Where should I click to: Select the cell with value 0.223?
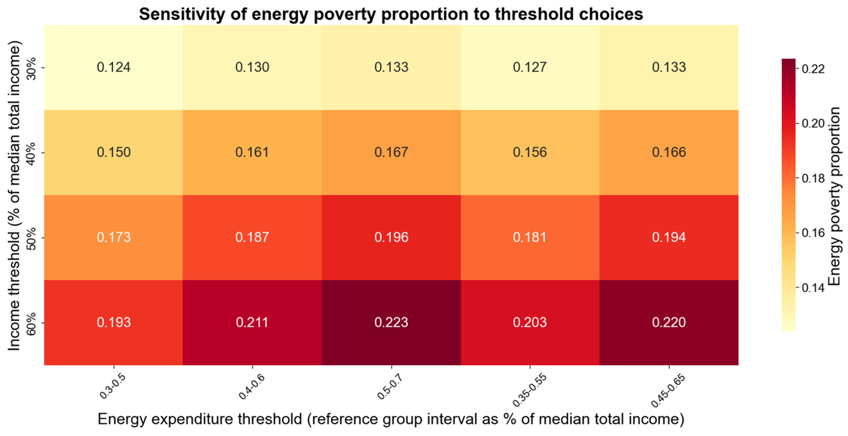[x=391, y=322]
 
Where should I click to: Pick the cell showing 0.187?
[x=252, y=237]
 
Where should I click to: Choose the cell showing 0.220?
[x=669, y=322]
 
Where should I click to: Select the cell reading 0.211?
[x=252, y=322]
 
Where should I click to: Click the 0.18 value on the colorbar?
[x=813, y=178]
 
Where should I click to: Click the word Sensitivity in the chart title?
[x=181, y=14]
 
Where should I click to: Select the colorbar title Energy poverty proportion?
[x=834, y=196]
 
